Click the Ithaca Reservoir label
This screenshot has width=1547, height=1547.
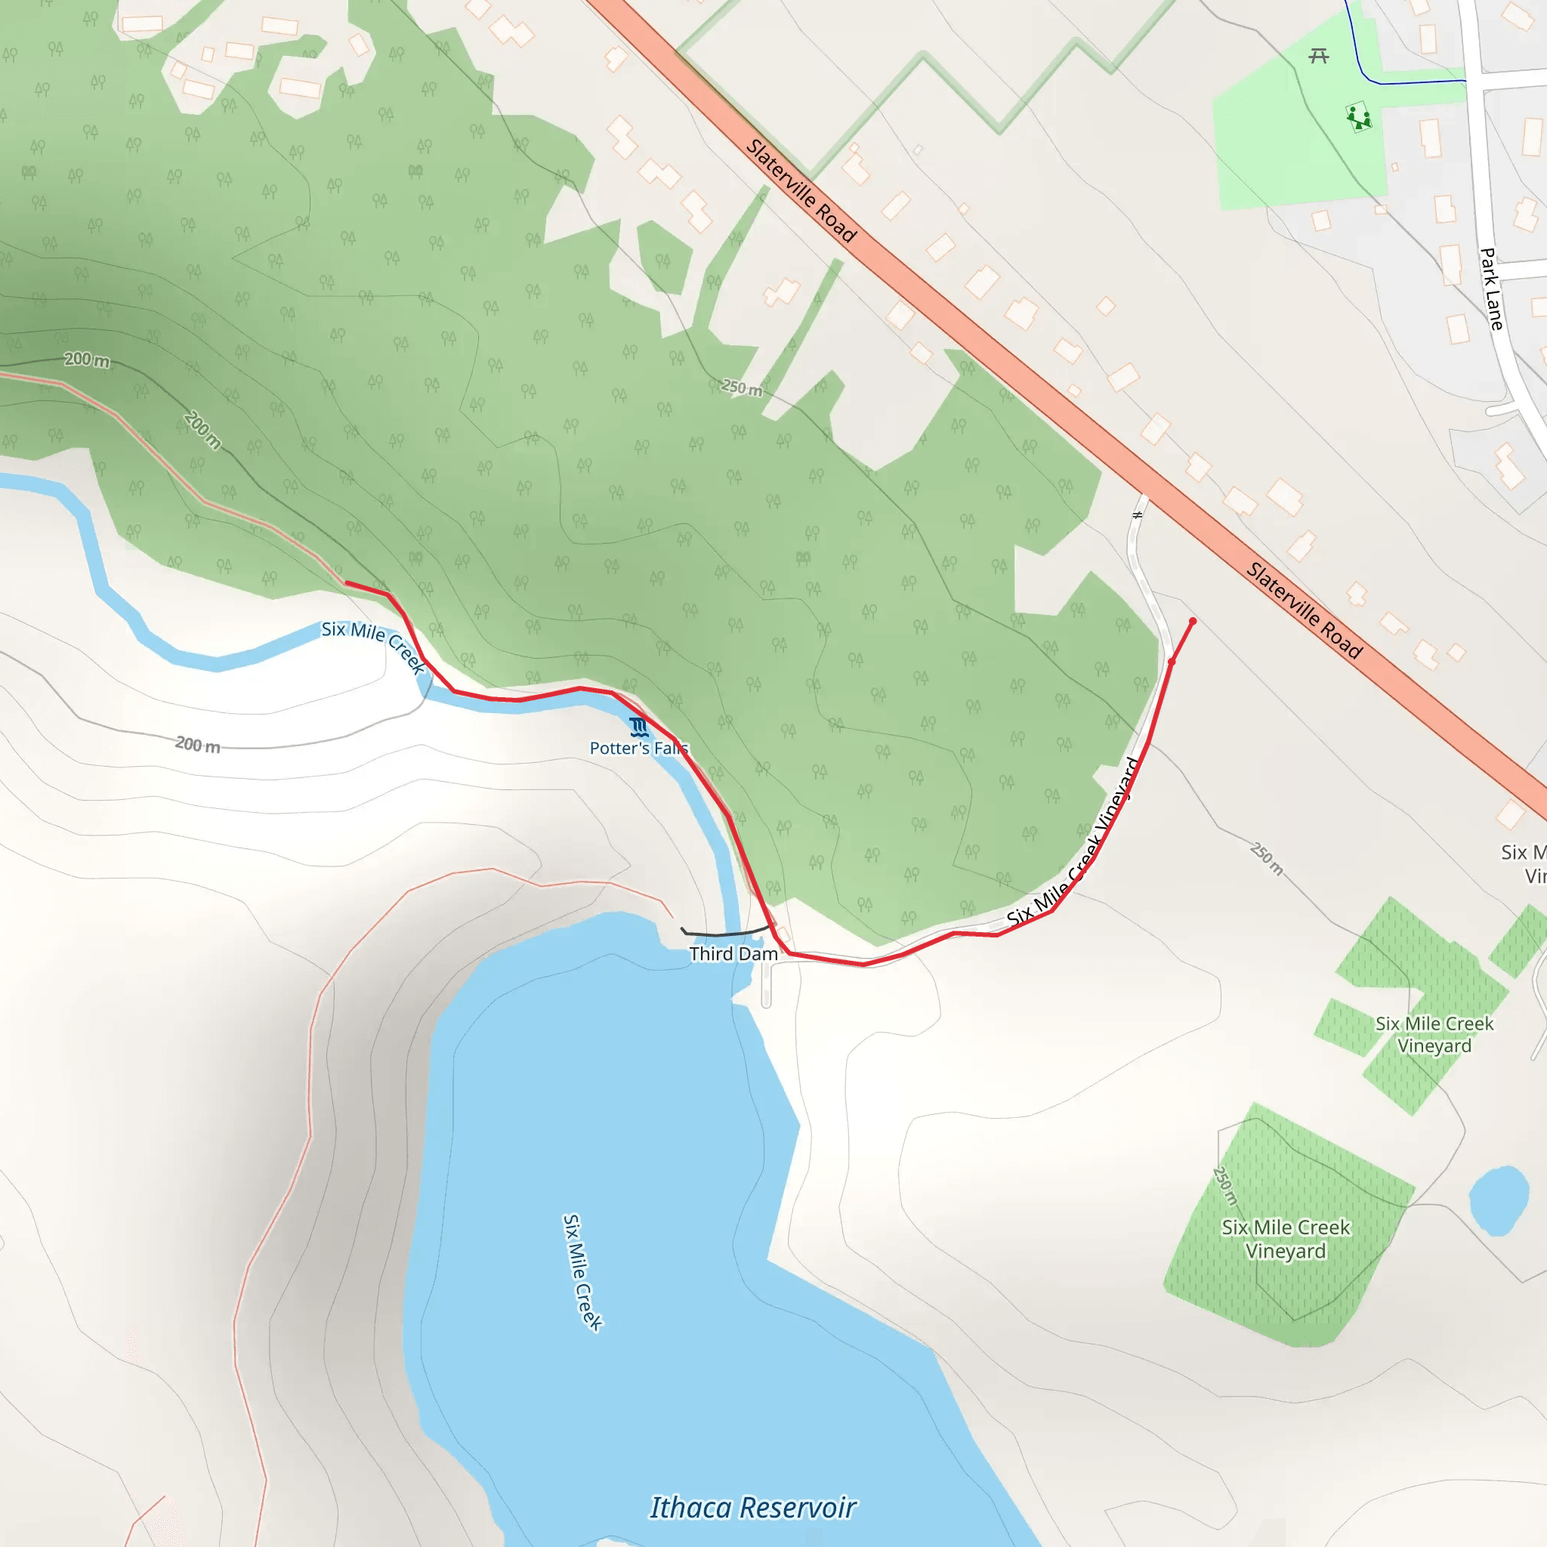click(752, 1508)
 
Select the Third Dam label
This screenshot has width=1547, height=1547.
click(733, 954)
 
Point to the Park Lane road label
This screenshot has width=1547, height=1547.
click(1490, 289)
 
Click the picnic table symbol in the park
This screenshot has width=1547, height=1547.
click(1319, 56)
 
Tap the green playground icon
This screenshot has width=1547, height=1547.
click(1358, 119)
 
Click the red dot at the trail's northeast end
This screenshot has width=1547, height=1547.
click(1192, 622)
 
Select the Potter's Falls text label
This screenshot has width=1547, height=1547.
click(638, 749)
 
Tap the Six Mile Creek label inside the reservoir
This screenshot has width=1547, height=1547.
click(582, 1272)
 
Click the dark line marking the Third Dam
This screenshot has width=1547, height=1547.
click(724, 933)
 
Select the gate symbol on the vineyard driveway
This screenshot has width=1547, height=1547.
click(1137, 515)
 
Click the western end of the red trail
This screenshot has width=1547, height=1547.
click(347, 583)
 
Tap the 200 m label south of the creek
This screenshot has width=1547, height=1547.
click(198, 745)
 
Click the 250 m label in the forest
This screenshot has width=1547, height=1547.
click(742, 388)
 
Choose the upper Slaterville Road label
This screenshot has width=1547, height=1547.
click(801, 190)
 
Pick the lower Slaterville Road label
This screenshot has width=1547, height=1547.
click(1304, 611)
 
